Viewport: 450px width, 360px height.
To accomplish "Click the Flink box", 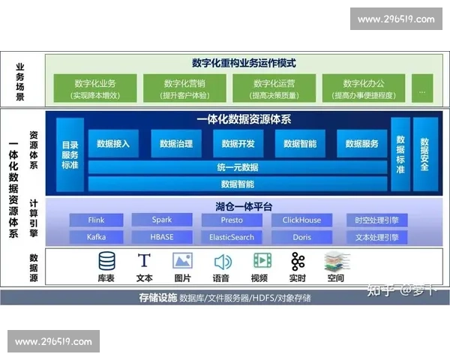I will (96, 220).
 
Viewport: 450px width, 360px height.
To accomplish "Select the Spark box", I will (161, 220).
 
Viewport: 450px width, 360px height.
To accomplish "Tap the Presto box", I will (231, 220).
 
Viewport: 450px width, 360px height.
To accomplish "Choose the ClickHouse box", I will (301, 220).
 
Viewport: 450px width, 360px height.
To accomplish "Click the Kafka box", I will (96, 237).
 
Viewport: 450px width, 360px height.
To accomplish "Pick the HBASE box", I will (161, 237).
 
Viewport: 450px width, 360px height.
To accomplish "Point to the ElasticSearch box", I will (231, 237).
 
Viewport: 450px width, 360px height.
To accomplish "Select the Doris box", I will (301, 237).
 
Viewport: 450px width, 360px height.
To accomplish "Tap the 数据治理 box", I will (176, 143).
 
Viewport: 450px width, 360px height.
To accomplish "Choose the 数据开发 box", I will (238, 143).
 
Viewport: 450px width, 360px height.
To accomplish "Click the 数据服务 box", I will (361, 143).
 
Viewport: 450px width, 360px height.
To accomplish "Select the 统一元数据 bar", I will (238, 167).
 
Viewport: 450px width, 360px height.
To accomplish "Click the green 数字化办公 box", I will (363, 88).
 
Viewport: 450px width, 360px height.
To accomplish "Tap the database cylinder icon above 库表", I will (107, 261).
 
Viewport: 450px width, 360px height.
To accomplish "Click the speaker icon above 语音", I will (222, 261).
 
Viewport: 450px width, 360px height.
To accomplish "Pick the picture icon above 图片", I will (182, 261).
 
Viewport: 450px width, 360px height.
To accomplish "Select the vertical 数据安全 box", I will (424, 154).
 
